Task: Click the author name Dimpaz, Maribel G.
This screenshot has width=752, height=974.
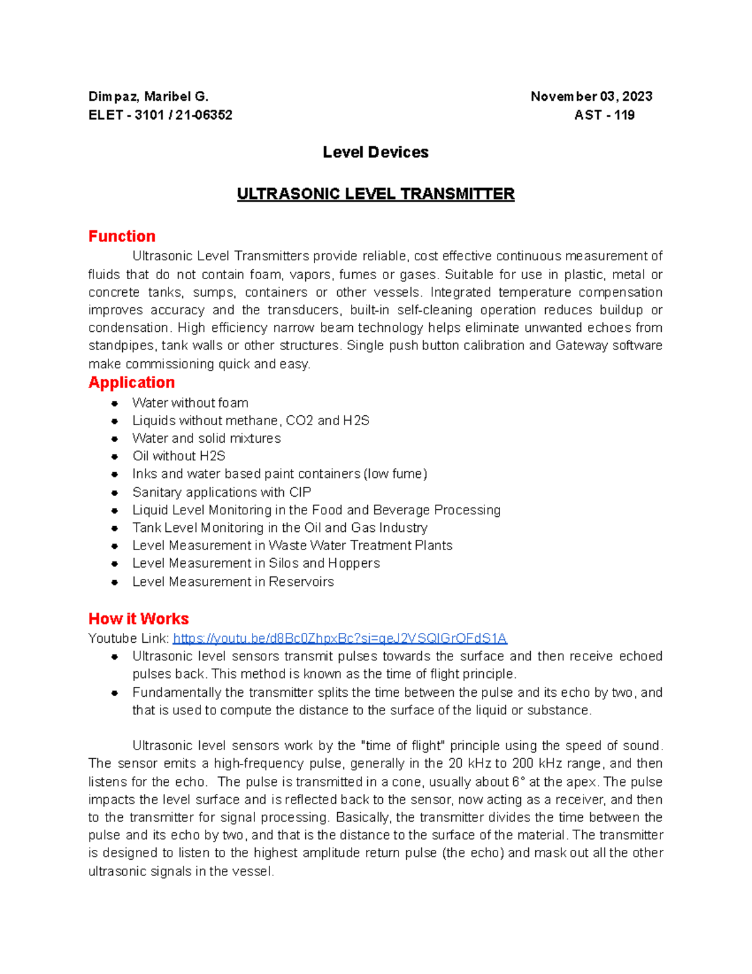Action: point(148,97)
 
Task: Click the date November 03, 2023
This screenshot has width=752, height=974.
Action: point(591,97)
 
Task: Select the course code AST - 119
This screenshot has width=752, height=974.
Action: point(604,115)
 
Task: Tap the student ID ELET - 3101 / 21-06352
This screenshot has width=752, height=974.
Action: point(160,115)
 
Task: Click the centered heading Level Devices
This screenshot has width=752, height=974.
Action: point(375,152)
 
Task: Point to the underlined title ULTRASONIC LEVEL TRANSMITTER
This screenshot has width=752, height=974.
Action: point(375,194)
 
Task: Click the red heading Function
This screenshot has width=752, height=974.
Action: point(122,236)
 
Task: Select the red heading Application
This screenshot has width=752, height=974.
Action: point(132,383)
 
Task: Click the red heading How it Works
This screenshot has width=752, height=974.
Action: point(138,619)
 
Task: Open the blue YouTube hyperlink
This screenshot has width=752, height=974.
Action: point(340,638)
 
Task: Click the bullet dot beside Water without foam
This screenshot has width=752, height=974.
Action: point(115,403)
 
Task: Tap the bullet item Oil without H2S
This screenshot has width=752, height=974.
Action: point(179,456)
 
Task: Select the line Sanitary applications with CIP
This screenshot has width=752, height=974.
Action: point(221,492)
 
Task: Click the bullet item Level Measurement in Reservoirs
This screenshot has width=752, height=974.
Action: point(232,582)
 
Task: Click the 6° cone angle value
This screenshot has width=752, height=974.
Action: point(517,782)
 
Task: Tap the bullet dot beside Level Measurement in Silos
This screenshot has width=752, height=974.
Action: point(115,564)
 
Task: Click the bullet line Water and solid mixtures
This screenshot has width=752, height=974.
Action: point(206,438)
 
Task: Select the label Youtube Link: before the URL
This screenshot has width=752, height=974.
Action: point(128,638)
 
